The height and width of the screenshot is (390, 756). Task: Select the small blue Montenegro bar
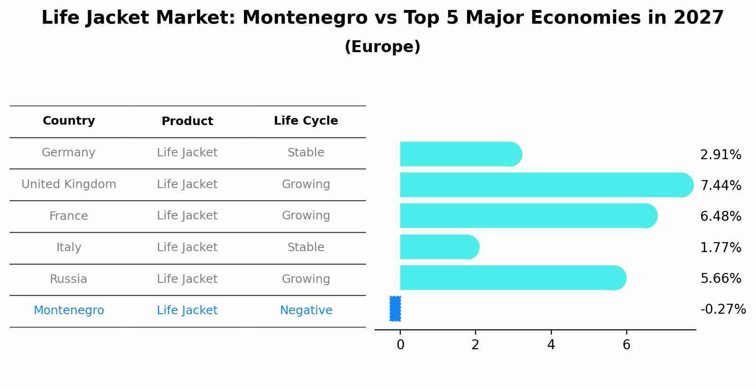click(395, 308)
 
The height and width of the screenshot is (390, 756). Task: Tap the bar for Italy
click(438, 247)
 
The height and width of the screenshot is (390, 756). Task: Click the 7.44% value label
click(720, 185)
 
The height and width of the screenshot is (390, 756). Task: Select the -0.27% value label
click(723, 309)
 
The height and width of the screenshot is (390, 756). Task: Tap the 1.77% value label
click(720, 247)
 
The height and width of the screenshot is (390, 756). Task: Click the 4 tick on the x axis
click(551, 345)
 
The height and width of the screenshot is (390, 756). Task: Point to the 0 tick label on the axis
click(400, 345)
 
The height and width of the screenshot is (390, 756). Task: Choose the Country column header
click(69, 121)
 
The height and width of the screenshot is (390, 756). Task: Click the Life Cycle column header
click(306, 121)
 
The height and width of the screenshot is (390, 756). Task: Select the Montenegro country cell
click(69, 310)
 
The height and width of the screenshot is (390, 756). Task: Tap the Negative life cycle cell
click(306, 310)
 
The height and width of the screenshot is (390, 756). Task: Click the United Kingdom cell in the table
click(69, 184)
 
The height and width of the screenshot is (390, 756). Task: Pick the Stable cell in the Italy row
click(306, 247)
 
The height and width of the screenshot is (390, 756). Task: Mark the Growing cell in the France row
click(306, 216)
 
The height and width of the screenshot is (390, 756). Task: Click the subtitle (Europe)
click(382, 47)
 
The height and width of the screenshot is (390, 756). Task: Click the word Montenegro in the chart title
click(305, 18)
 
